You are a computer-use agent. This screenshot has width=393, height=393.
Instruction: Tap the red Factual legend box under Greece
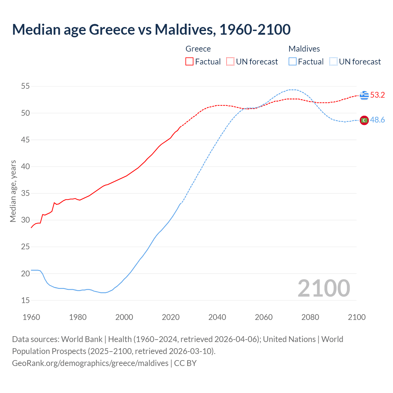click(x=189, y=62)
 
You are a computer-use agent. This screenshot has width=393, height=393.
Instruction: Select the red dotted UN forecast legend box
click(x=230, y=62)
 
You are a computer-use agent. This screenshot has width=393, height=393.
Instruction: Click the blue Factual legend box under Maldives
click(x=293, y=62)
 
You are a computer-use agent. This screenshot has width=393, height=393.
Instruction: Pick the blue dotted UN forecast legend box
click(x=333, y=62)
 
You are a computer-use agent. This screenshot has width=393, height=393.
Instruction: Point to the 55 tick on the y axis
click(x=25, y=86)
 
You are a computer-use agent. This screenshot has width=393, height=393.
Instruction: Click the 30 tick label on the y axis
click(x=25, y=220)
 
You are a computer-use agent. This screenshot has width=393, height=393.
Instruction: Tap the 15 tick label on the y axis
click(x=25, y=300)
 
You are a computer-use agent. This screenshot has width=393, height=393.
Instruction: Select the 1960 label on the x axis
click(x=31, y=317)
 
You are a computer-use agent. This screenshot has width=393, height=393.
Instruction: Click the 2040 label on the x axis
click(x=217, y=317)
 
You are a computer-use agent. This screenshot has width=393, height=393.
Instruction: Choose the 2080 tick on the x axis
click(x=310, y=317)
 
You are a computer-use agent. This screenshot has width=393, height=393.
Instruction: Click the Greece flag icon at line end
click(x=364, y=95)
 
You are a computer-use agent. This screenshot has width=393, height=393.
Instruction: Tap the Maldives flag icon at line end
click(x=364, y=120)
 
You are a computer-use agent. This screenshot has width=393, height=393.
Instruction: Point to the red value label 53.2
click(x=377, y=95)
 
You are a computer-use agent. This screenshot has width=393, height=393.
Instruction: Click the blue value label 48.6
click(x=377, y=120)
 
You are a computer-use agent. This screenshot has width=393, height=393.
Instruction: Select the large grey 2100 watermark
click(x=324, y=288)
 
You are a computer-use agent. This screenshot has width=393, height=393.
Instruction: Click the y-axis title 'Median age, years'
click(x=13, y=191)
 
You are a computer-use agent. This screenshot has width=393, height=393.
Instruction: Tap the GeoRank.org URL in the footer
click(x=90, y=363)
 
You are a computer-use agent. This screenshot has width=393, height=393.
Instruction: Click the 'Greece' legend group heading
click(x=198, y=49)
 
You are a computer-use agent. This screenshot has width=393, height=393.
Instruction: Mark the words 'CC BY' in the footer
click(x=185, y=363)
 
